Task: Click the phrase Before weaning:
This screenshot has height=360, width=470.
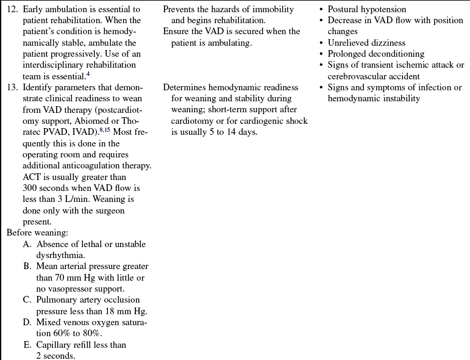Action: (x=31, y=232)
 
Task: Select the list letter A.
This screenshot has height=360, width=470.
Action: (x=27, y=244)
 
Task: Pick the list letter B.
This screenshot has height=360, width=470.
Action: (x=27, y=267)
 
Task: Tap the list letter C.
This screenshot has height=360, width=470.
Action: (x=27, y=300)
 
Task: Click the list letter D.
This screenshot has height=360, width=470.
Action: (x=27, y=322)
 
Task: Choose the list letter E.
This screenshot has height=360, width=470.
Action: (x=27, y=345)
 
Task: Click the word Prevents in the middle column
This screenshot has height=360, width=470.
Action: (x=180, y=10)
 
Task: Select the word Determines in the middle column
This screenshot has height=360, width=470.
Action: (x=185, y=88)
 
